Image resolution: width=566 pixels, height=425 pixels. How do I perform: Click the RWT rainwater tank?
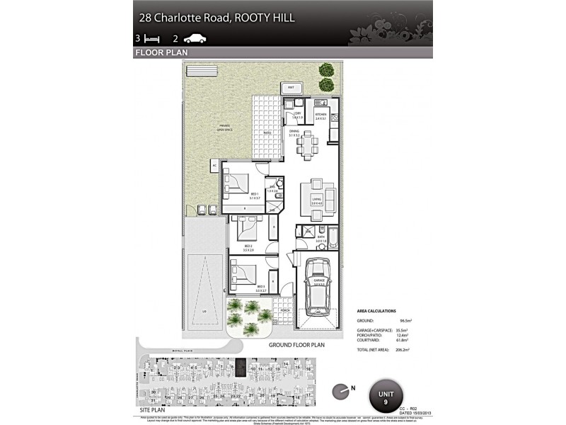(291, 88)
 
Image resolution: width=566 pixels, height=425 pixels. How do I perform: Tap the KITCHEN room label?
(320, 115)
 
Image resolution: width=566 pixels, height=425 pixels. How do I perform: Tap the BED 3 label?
(261, 286)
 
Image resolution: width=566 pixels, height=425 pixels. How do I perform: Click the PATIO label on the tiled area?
(267, 132)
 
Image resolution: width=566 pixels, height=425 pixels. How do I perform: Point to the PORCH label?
(285, 310)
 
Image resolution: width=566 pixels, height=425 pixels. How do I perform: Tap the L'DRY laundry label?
(298, 115)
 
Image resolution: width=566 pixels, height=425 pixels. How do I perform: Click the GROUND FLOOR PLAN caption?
(296, 345)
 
